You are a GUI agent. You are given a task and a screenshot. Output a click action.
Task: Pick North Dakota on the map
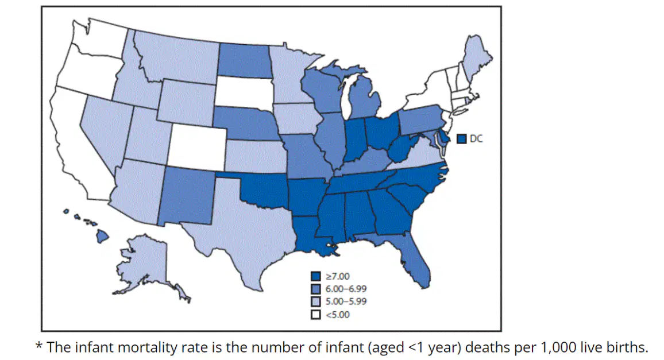[x=245, y=60]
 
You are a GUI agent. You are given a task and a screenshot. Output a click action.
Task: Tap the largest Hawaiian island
[x=102, y=236]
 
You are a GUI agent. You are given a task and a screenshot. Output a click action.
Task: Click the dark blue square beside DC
[x=462, y=139]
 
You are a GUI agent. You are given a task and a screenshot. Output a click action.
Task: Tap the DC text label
[x=476, y=139]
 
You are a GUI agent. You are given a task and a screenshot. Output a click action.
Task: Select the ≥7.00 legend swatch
[x=316, y=276]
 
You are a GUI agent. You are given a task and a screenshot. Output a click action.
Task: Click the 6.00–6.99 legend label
[x=346, y=289]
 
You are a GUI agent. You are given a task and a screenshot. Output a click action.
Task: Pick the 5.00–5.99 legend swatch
[x=316, y=301]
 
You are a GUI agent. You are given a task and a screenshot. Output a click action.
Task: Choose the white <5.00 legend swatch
[x=316, y=315]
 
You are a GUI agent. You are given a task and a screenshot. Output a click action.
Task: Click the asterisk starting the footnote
[x=39, y=345]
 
